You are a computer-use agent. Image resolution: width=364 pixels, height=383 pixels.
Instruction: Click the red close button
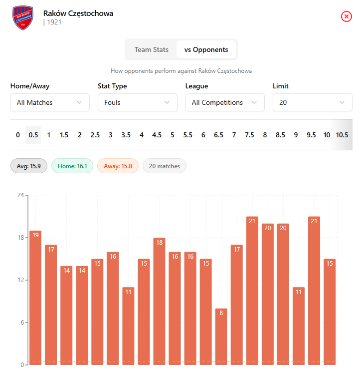[347, 16]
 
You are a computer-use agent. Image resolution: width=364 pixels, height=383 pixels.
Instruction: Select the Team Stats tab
[152, 49]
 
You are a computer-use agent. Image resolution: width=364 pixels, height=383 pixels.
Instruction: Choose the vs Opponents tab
[206, 49]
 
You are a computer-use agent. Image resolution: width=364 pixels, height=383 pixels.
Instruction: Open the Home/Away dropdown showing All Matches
[50, 102]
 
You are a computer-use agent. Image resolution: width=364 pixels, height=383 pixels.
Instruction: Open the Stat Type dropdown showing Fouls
[137, 102]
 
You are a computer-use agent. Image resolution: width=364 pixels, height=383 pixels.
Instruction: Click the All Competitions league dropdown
[225, 102]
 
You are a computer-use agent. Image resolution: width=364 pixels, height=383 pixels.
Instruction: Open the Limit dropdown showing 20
[312, 102]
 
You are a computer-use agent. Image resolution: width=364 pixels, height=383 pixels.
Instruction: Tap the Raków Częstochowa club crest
[22, 16]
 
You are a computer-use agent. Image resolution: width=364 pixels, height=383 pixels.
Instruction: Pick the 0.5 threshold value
[33, 135]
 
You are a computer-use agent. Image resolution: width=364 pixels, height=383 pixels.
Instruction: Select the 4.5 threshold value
[157, 135]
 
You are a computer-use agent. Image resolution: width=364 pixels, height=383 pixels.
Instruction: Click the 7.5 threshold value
[249, 135]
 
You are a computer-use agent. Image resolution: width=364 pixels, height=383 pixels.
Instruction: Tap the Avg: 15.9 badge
[29, 166]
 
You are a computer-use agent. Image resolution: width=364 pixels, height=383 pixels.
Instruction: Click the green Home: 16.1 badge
[72, 166]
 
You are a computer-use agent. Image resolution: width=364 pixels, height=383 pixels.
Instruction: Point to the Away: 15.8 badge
[118, 166]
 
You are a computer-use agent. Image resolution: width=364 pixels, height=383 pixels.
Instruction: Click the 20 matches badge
[164, 166]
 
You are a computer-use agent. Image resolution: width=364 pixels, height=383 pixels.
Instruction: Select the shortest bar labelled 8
[221, 337]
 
